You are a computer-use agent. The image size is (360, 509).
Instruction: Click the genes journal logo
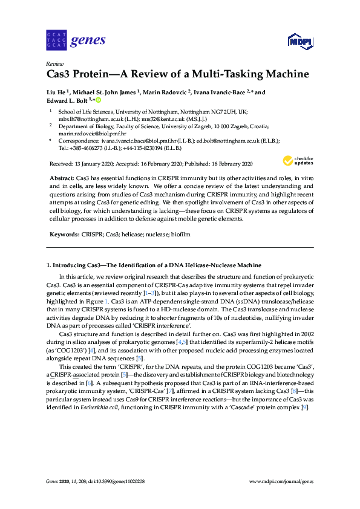click(76, 41)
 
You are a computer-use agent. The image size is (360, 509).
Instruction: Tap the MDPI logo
click(296, 41)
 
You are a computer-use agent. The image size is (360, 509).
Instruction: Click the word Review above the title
click(55, 63)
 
